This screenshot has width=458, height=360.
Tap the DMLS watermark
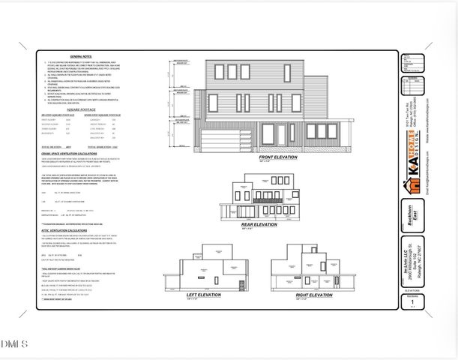[x=14, y=343]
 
